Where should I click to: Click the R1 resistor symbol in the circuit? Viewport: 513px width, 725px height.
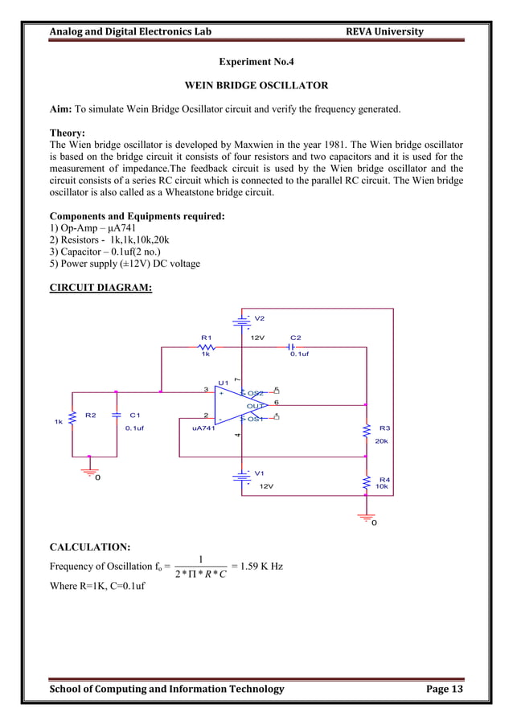click(x=206, y=347)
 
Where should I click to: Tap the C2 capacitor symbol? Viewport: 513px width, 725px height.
click(x=293, y=347)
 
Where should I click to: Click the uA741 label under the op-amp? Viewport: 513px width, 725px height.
click(x=202, y=428)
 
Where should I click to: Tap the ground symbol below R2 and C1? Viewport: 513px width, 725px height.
click(x=90, y=473)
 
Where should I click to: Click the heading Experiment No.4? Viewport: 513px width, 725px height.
click(x=256, y=61)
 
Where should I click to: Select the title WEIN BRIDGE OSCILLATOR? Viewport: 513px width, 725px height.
click(x=256, y=85)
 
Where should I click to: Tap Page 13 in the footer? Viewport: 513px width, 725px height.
click(x=441, y=689)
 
